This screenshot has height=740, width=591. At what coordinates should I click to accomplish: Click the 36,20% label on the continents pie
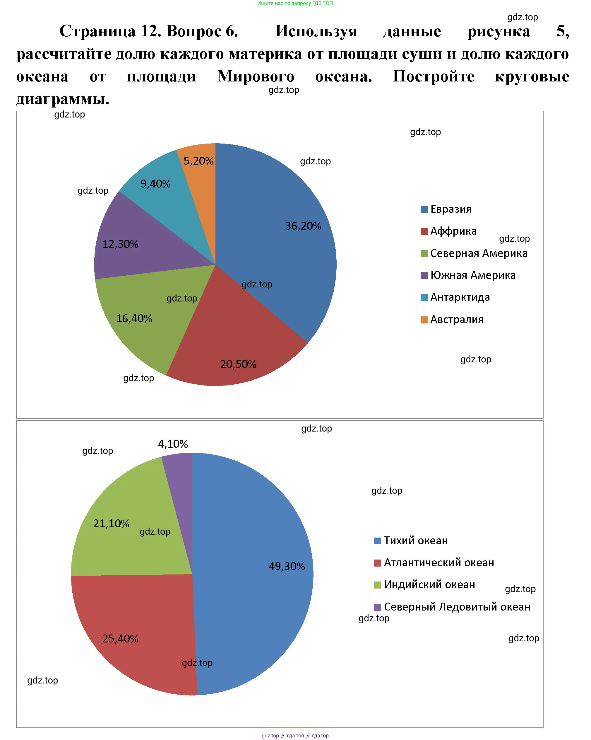(303, 226)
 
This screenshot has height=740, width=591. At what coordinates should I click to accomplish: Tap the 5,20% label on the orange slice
(198, 161)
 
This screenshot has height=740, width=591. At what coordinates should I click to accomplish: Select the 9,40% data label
(156, 184)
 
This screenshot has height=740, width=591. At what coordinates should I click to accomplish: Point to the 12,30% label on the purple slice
(120, 244)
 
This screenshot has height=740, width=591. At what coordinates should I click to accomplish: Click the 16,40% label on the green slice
(134, 318)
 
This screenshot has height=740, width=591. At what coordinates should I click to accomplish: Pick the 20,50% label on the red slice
(238, 364)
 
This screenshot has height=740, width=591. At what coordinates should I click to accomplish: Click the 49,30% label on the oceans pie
(287, 566)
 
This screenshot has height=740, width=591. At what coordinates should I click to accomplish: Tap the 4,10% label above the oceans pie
(173, 444)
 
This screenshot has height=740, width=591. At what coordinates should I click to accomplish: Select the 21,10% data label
(111, 524)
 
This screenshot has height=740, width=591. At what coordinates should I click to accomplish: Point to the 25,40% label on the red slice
(120, 638)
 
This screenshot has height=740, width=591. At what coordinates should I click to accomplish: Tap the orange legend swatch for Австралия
(424, 320)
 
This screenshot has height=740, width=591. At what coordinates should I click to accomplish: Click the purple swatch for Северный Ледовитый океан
(377, 607)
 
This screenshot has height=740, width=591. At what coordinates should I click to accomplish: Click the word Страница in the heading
(97, 31)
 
